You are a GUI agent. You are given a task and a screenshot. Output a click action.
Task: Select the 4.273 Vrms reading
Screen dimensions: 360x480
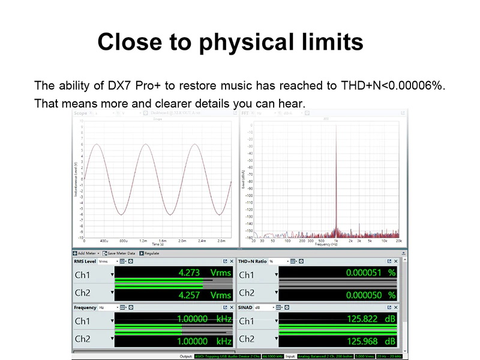click(204, 272)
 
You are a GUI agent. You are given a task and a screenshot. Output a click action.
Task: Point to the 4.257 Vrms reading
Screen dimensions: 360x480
click(204, 295)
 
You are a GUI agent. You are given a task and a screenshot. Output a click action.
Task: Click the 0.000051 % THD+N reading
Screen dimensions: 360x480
click(371, 272)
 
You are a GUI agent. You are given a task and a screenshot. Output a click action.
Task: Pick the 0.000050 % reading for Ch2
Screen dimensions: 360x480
click(371, 295)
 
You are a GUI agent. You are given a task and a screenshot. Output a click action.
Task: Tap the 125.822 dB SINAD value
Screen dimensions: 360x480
click(371, 319)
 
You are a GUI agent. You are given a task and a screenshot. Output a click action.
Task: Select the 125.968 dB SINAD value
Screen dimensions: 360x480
click(371, 341)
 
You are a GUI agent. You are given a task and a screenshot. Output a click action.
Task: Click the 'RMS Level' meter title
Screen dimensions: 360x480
click(85, 262)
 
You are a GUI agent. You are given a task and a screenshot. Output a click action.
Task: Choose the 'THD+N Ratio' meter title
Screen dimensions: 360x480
click(253, 262)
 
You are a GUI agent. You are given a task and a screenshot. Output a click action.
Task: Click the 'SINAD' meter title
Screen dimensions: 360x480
click(246, 308)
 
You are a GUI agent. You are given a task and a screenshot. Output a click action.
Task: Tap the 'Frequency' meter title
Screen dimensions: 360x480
click(85, 308)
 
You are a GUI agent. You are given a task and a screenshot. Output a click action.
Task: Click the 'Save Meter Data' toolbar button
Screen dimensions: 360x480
click(121, 254)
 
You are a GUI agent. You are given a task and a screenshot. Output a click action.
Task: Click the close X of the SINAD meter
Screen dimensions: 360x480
click(396, 308)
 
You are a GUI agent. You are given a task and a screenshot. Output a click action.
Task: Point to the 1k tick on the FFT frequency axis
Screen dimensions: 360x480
click(336, 241)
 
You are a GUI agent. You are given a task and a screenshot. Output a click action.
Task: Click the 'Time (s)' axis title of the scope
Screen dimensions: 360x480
click(158, 244)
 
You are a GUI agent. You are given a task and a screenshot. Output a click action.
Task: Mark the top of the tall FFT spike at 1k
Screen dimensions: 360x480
click(336, 125)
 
